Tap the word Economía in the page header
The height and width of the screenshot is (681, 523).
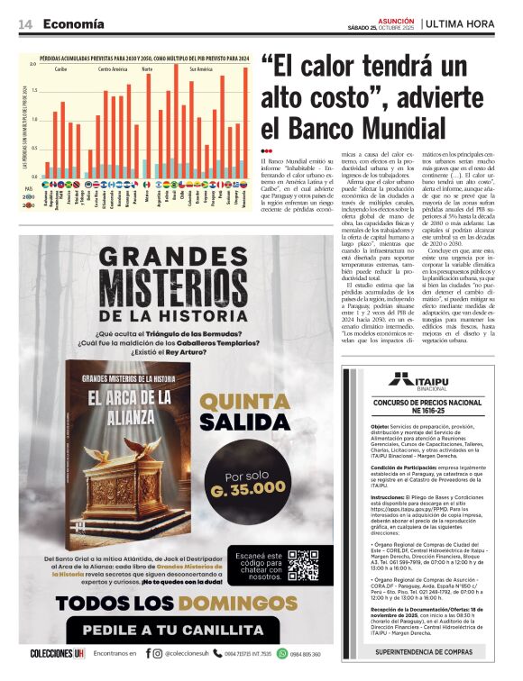(x=73, y=24)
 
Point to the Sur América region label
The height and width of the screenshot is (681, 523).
(x=201, y=68)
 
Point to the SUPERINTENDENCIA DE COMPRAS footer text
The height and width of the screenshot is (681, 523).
(x=424, y=650)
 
